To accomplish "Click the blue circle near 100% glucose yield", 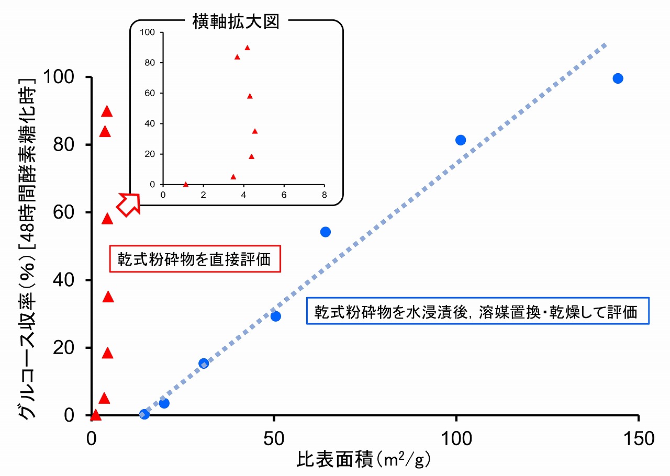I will click(618, 78).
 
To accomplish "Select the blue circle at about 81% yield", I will click(461, 140).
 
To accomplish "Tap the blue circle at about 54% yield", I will click(325, 232).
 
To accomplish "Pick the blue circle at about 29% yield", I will click(276, 316).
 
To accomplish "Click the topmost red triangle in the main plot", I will click(107, 111).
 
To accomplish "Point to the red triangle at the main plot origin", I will click(95, 415).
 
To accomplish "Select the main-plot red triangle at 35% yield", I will click(108, 297).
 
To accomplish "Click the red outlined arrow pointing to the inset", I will click(129, 203).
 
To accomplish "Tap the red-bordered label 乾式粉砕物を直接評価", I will click(195, 259).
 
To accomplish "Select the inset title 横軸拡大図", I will click(236, 22).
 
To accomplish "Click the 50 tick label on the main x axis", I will click(273, 438).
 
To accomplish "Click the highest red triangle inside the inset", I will click(248, 48).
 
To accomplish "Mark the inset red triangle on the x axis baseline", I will click(186, 184).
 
